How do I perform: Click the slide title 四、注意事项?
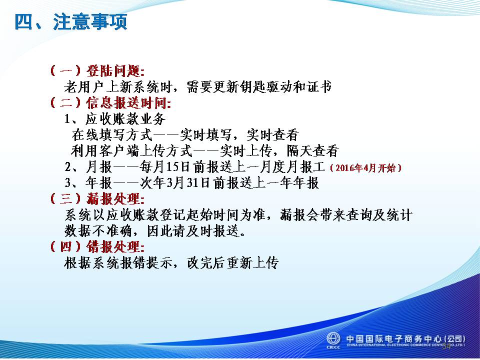point(70,21)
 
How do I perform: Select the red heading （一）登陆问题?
point(97,71)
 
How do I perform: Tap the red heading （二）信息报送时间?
point(110,102)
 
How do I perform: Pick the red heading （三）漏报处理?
point(97,199)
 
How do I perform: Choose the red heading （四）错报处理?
point(97,246)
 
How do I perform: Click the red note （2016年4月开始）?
point(365,168)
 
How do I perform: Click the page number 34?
point(446,346)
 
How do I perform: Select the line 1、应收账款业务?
point(115,119)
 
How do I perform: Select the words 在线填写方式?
point(112,134)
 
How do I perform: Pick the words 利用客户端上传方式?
point(131,150)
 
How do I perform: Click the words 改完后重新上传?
point(232,262)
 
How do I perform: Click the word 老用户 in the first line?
point(84,87)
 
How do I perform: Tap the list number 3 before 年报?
point(67,183)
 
